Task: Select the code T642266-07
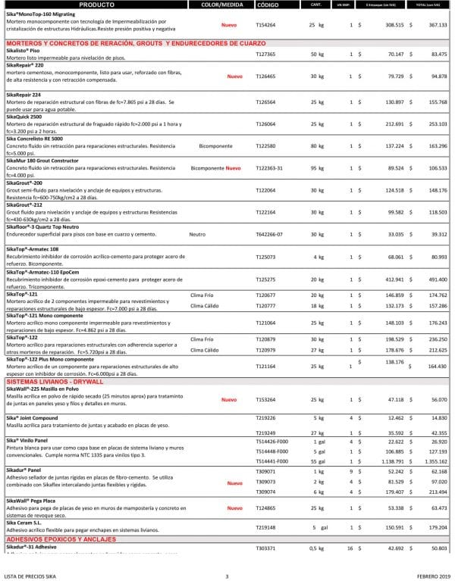(x=270, y=236)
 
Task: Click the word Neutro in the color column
(x=198, y=236)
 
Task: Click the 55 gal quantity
(x=317, y=461)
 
